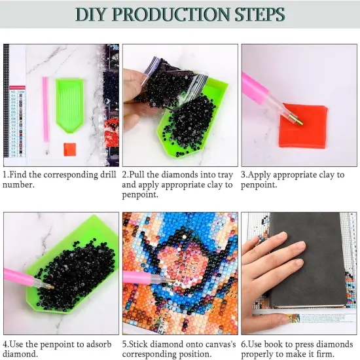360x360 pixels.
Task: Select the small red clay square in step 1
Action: [x=70, y=149]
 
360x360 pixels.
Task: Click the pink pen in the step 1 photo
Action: [x=46, y=115]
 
